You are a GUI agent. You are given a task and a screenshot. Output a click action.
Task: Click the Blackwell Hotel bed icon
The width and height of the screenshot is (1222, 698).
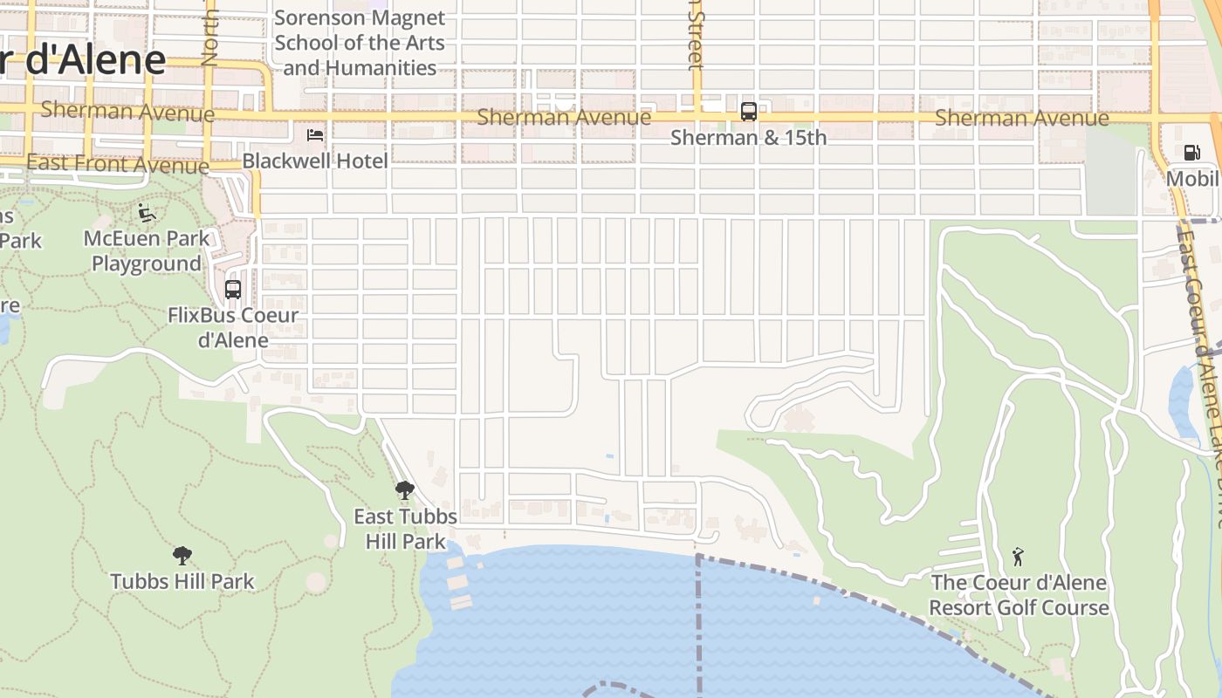pyautogui.click(x=315, y=135)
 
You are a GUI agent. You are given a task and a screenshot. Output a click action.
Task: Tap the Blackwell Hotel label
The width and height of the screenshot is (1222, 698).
pyautogui.click(x=315, y=161)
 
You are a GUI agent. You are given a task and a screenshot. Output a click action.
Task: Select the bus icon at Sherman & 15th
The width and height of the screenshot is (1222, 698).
pyautogui.click(x=748, y=112)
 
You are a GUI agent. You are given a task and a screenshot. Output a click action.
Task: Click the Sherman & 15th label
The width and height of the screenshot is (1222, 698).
pyautogui.click(x=748, y=138)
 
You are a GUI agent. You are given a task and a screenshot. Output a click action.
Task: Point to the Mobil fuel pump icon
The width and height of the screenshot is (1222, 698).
pyautogui.click(x=1191, y=154)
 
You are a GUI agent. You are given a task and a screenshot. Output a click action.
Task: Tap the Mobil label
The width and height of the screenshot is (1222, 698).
pyautogui.click(x=1192, y=179)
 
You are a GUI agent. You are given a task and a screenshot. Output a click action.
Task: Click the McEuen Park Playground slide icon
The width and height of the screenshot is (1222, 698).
pyautogui.click(x=147, y=212)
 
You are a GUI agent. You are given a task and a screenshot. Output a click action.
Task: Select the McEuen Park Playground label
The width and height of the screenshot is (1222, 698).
pyautogui.click(x=147, y=251)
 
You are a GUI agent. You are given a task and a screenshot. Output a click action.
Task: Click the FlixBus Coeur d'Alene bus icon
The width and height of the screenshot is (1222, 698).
pyautogui.click(x=233, y=289)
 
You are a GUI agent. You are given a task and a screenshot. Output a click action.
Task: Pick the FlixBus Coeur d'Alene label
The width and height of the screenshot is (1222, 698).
pyautogui.click(x=233, y=327)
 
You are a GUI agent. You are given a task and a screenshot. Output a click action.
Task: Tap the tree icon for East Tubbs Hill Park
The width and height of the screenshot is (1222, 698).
pyautogui.click(x=404, y=490)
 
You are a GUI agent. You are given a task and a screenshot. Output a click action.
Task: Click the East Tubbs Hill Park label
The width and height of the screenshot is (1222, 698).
pyautogui.click(x=405, y=529)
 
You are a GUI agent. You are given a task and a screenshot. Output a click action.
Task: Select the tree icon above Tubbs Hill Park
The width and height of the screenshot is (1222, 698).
pyautogui.click(x=182, y=556)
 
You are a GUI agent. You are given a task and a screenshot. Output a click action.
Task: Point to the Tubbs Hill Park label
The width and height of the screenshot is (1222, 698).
pyautogui.click(x=182, y=581)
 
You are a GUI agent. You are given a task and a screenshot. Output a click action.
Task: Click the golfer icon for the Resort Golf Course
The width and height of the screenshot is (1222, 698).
pyautogui.click(x=1017, y=556)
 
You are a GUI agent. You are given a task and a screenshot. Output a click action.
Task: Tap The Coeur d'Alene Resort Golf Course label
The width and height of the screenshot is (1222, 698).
pyautogui.click(x=1019, y=595)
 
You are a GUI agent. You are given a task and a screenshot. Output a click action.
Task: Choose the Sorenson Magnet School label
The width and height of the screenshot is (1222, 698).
pyautogui.click(x=360, y=43)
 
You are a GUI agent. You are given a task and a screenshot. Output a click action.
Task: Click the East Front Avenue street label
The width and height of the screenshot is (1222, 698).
pyautogui.click(x=118, y=163)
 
